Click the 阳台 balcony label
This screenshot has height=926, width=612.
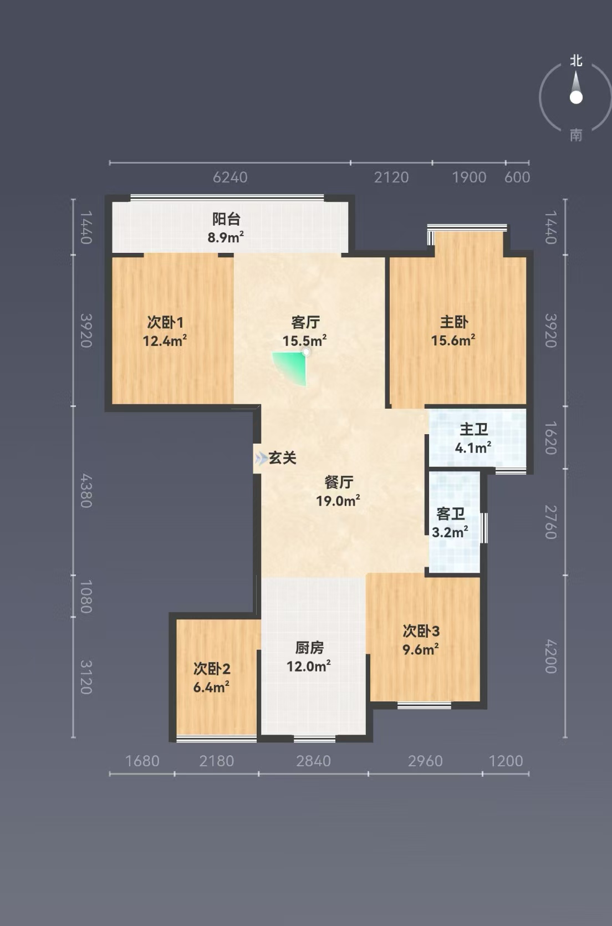click(x=226, y=218)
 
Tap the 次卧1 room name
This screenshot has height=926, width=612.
click(x=165, y=322)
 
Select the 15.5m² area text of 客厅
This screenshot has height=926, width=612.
click(x=304, y=340)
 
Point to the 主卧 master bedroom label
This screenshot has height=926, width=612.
click(x=453, y=322)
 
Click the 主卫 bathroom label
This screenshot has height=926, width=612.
click(x=473, y=429)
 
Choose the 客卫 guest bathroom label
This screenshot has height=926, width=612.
click(x=451, y=514)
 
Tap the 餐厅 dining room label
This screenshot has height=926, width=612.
click(x=339, y=482)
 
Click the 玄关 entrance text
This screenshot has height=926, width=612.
click(x=283, y=457)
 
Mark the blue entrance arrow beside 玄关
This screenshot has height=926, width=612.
click(x=261, y=457)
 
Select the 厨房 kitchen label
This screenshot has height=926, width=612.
click(x=309, y=648)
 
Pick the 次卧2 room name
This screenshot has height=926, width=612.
click(x=212, y=669)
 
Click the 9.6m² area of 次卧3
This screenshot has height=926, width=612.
click(x=421, y=649)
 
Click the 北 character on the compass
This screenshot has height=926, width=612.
click(x=576, y=61)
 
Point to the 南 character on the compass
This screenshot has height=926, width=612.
click(x=576, y=135)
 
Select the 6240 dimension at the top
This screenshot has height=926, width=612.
click(x=230, y=177)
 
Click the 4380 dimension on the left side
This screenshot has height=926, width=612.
click(x=85, y=491)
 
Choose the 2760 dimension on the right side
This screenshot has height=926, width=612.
click(x=551, y=522)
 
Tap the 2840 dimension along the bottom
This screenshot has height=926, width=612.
click(x=313, y=761)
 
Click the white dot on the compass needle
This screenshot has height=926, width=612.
click(x=576, y=98)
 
